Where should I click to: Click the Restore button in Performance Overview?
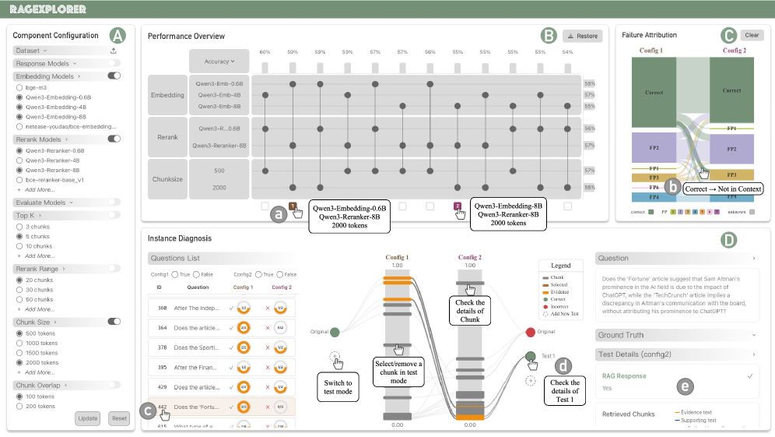[583, 36]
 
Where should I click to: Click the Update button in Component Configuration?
[88, 418]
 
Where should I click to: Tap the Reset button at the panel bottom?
[119, 418]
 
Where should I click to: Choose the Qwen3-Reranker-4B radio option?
[19, 159]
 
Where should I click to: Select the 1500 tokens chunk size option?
[19, 353]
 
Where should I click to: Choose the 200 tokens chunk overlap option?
[19, 406]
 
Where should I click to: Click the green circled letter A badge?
[117, 35]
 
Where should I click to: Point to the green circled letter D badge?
[728, 240]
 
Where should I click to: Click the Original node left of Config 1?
[334, 332]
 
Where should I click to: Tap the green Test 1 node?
[531, 357]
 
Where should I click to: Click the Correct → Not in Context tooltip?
[722, 189]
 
